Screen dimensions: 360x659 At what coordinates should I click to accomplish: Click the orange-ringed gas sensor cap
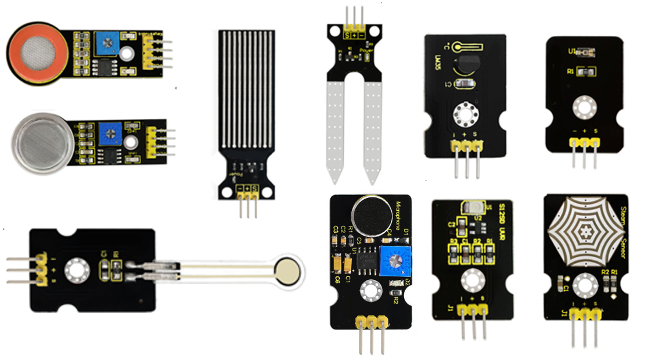[37, 53]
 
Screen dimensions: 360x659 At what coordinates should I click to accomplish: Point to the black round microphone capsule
[372, 213]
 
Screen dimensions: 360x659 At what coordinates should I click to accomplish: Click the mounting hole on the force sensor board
[75, 270]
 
